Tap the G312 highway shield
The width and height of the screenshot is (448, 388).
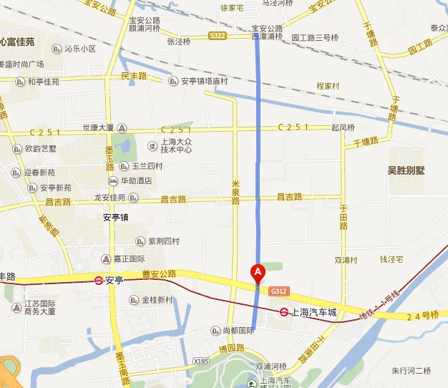point(279,291)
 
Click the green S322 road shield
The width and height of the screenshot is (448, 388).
point(218,35)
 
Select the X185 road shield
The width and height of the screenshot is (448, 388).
point(202,362)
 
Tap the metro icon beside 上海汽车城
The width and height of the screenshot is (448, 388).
point(284,312)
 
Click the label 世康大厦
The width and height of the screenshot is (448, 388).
point(98,127)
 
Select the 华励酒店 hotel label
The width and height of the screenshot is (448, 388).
point(135,181)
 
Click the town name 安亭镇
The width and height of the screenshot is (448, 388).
point(115,217)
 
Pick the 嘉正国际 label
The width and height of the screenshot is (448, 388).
point(129,259)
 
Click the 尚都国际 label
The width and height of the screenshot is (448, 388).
point(238,330)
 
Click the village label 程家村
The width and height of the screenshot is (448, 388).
point(328,86)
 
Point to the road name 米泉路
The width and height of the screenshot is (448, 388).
point(235,191)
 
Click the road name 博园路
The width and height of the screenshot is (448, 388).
point(232,347)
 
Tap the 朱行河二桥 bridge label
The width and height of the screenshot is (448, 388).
point(412,370)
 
